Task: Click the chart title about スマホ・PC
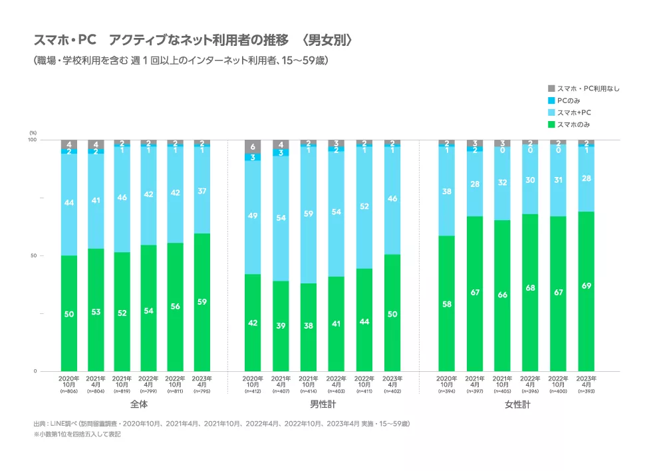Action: pyautogui.click(x=192, y=40)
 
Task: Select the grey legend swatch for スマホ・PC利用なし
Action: pyautogui.click(x=551, y=88)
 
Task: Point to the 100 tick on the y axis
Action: pyautogui.click(x=31, y=140)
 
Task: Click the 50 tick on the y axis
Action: pyautogui.click(x=33, y=255)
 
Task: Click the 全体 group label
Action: pyautogui.click(x=139, y=404)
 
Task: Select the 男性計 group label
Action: pyautogui.click(x=323, y=404)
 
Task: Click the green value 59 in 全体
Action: pyautogui.click(x=201, y=301)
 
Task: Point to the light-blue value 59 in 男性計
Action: pyautogui.click(x=308, y=214)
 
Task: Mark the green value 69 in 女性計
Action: pyautogui.click(x=586, y=286)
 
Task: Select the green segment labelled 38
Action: pyautogui.click(x=308, y=326)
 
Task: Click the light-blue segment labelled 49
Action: pyautogui.click(x=253, y=216)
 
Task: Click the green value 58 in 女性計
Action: pyautogui.click(x=448, y=303)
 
